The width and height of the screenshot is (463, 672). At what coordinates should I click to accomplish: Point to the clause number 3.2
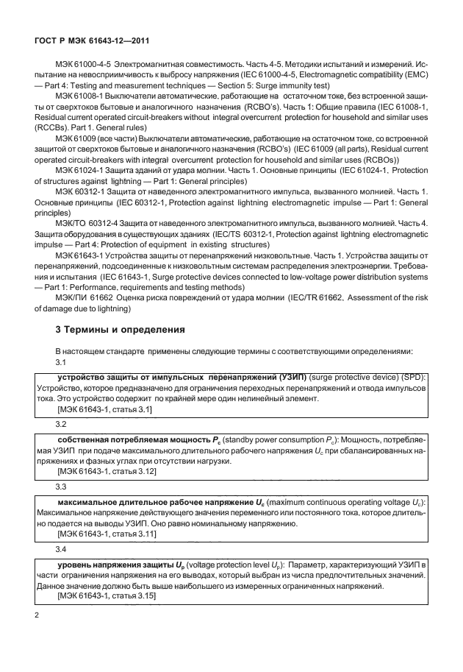[x=62, y=425]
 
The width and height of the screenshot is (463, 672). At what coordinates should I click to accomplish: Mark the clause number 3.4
[x=62, y=549]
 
